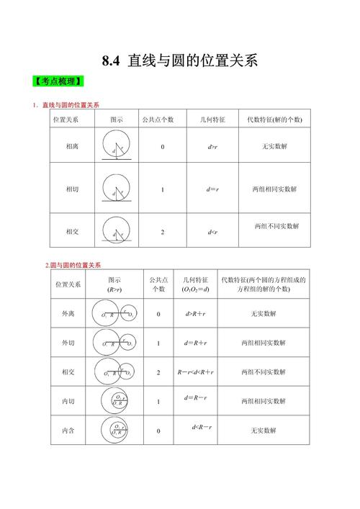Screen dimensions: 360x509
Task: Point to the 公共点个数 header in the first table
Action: click(163, 119)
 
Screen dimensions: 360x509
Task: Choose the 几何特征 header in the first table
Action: click(212, 119)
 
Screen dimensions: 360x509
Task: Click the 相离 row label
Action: click(72, 147)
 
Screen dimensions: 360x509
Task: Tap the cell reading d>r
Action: click(212, 147)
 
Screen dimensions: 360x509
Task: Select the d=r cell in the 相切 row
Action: click(212, 189)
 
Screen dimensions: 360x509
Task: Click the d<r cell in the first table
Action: click(212, 232)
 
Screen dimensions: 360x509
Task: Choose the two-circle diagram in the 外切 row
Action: click(115, 343)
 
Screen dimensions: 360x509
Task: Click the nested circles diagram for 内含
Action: click(115, 429)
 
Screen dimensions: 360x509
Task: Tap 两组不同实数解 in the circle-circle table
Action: click(264, 372)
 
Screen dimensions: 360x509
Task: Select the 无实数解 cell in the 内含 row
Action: click(264, 431)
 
